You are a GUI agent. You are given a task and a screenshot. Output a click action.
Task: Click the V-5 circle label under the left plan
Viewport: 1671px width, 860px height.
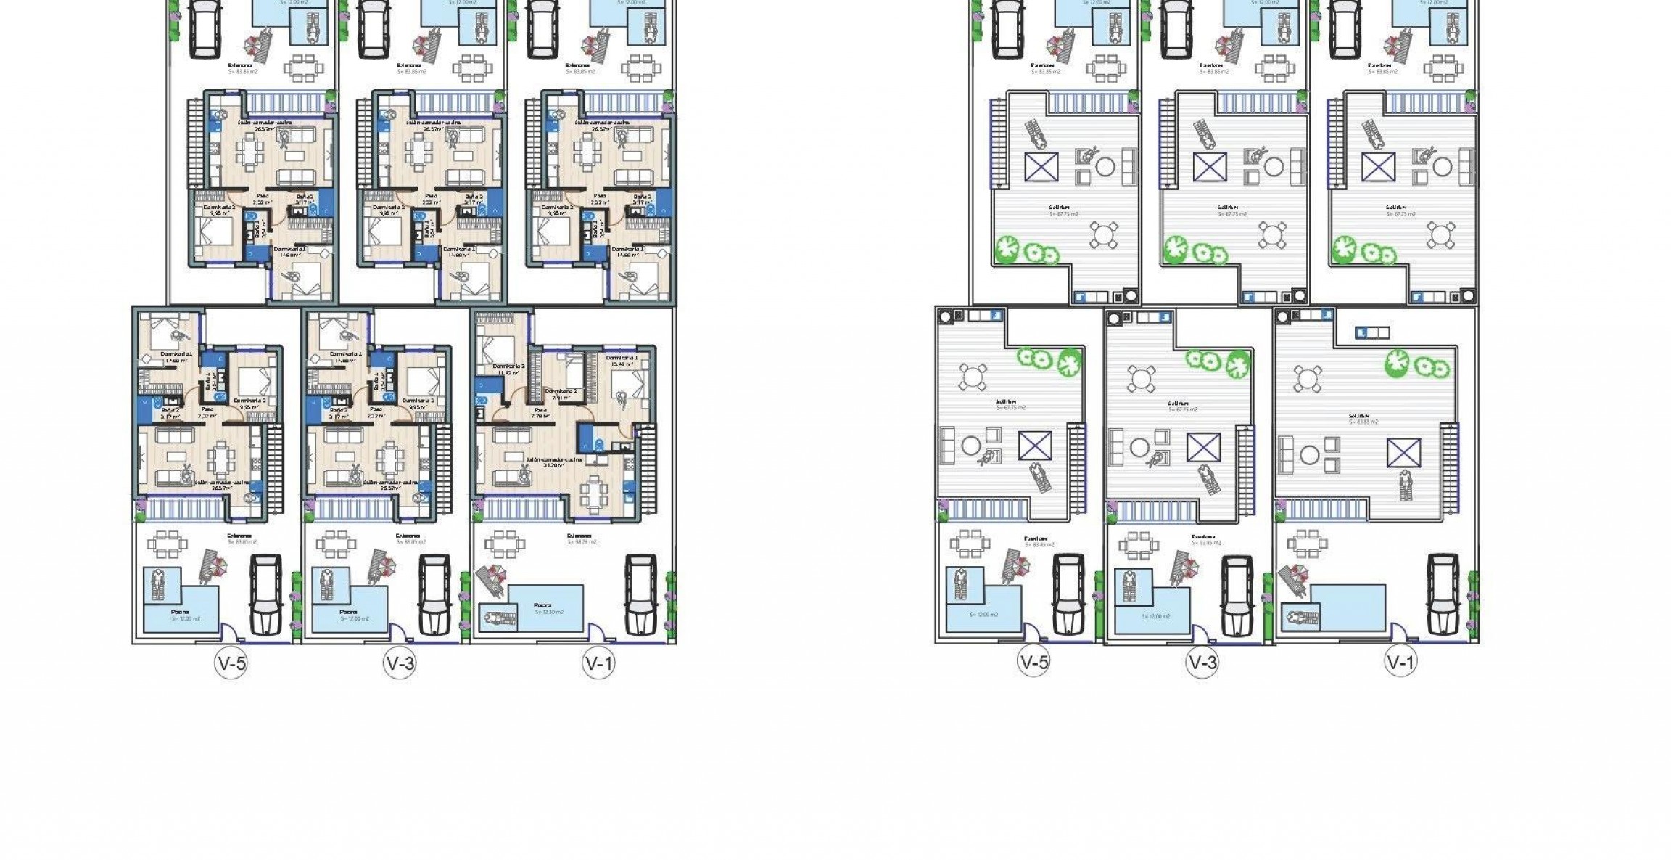[x=231, y=663]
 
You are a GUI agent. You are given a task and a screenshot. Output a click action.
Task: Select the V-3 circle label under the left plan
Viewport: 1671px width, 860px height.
[x=400, y=663]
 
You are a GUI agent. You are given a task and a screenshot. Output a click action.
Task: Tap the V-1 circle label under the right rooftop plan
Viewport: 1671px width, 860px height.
[x=1400, y=662]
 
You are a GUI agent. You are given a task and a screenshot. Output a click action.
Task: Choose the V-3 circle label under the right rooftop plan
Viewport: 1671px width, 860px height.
[x=1202, y=662]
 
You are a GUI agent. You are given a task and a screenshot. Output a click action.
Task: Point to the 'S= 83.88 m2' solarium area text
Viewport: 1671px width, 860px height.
[x=1363, y=422]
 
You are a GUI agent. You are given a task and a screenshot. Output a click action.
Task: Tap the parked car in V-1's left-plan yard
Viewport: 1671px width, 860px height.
[x=641, y=594]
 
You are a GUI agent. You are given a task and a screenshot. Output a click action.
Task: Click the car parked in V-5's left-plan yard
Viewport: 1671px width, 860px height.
[x=265, y=594]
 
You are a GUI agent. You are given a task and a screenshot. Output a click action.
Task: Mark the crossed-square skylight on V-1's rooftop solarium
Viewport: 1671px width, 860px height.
[x=1403, y=453]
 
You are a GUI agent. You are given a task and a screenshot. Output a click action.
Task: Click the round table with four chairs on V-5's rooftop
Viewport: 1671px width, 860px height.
[x=972, y=377]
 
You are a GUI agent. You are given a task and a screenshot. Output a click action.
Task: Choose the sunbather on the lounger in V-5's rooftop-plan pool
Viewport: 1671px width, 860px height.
[x=961, y=585]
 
